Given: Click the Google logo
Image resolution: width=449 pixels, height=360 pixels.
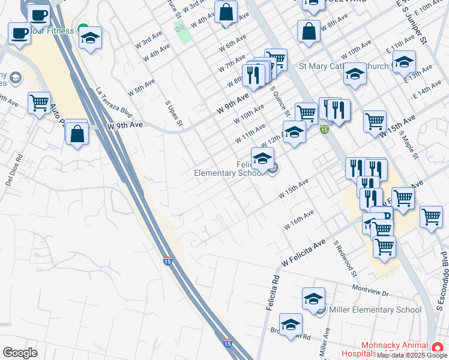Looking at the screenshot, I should click(x=20, y=353).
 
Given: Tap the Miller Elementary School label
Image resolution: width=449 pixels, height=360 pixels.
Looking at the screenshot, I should click(x=375, y=310).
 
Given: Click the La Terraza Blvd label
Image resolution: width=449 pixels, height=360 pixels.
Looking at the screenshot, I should click(x=113, y=103).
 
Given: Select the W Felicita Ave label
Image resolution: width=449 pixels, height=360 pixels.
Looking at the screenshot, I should click(x=303, y=253).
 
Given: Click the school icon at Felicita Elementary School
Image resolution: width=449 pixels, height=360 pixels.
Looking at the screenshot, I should click(x=262, y=159).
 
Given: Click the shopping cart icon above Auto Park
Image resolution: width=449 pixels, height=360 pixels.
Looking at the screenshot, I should click(x=39, y=103).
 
